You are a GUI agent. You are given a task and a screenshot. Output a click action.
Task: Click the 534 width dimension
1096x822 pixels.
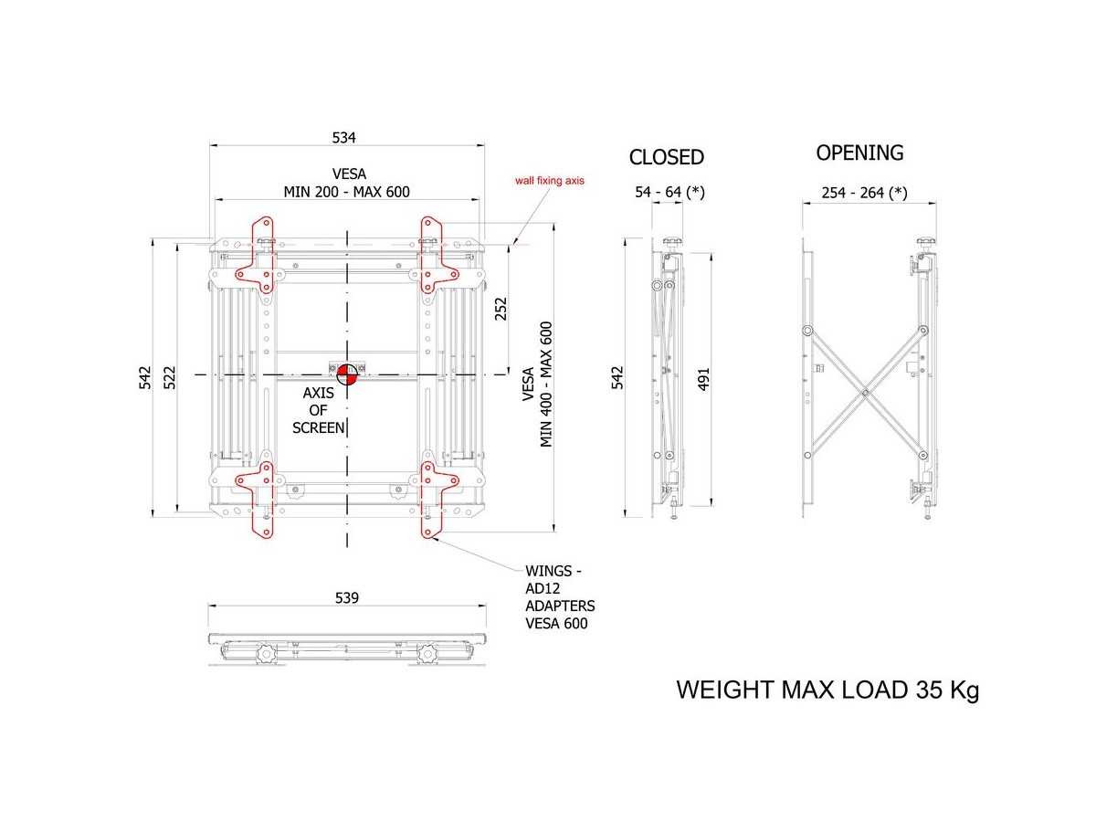coord(344,137)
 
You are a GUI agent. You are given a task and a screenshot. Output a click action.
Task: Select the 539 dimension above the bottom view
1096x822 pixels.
coord(346,597)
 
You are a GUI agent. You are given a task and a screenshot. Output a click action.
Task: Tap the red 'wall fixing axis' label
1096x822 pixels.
coord(549,181)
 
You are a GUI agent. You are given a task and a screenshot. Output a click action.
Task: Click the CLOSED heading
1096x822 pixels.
coord(666,157)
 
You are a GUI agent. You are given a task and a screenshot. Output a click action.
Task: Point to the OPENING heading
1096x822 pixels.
coord(859,153)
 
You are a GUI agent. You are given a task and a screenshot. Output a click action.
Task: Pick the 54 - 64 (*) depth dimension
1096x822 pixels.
coord(669,192)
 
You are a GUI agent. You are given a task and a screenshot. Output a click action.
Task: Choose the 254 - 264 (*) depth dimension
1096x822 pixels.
coord(864,193)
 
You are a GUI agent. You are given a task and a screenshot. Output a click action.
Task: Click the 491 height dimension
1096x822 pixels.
coord(703,379)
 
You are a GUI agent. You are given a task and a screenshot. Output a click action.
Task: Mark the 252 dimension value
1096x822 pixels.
coord(501,309)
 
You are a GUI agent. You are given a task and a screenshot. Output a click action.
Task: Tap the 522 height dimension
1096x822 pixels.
coord(170,378)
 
